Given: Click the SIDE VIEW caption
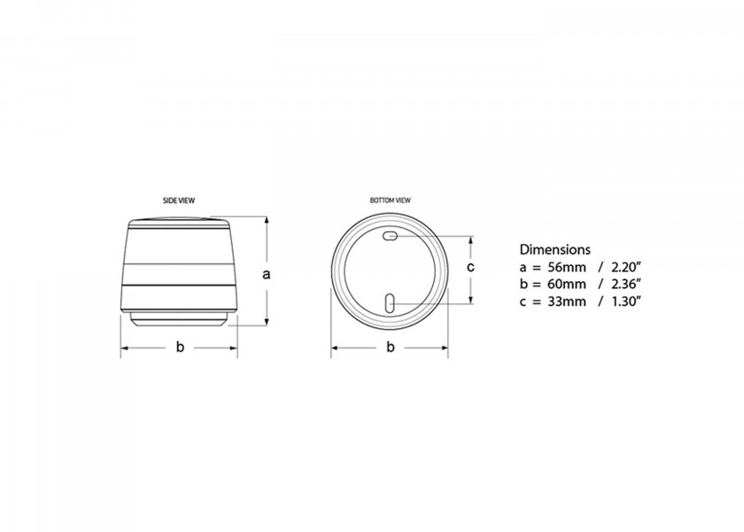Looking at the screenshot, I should (x=179, y=200).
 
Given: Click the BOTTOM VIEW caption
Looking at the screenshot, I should (x=390, y=200).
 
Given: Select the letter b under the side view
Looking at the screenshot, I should (x=179, y=347).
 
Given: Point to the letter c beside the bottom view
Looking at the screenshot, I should (x=471, y=266).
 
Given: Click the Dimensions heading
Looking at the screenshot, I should (x=554, y=249).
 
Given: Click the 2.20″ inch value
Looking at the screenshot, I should (x=625, y=266).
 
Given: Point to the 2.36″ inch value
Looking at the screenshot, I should (x=625, y=284).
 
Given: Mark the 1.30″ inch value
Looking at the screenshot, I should (x=625, y=301).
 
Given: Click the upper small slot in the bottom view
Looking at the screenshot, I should (x=391, y=237).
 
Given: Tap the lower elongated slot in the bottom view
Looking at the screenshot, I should (x=390, y=303).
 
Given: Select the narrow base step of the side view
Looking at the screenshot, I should (x=179, y=320).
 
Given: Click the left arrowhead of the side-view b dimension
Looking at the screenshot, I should (x=124, y=347).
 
